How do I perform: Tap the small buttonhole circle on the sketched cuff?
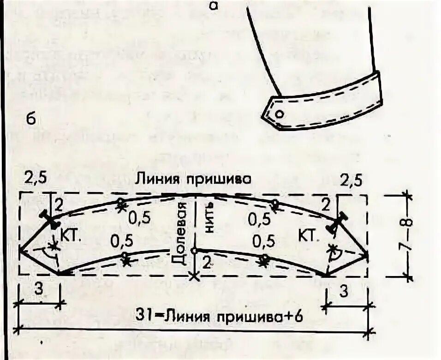coord(279,114)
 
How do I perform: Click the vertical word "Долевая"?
coord(181,234)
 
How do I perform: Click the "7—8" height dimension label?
coord(408,235)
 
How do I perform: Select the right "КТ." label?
coord(309,236)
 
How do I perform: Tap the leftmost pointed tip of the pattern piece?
coord(20,250)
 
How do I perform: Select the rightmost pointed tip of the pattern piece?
coord(368,254)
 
